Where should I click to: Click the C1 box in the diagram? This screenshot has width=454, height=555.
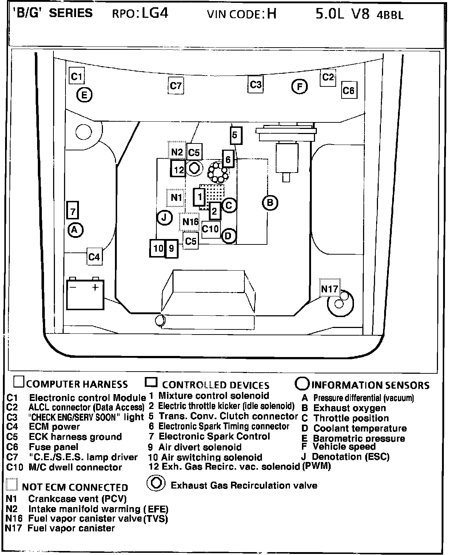pos(77,76)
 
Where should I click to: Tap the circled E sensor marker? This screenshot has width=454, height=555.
pos(84,95)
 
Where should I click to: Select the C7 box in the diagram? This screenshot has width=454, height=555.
pos(176,86)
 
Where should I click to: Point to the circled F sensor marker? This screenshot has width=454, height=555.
pos(299,87)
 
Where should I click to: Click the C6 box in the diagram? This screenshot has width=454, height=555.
pos(348,90)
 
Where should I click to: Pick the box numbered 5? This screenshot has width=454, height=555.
pos(235,135)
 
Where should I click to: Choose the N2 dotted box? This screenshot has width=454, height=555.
pos(177,152)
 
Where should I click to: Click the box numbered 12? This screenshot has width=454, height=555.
pos(179,169)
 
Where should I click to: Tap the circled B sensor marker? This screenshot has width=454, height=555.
pos(270,203)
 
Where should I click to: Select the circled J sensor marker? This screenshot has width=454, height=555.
pos(164,218)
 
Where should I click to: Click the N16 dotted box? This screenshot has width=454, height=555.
pos(190,222)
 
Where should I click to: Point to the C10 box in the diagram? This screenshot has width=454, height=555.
pos(210,229)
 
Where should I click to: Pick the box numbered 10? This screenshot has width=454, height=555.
pos(158,248)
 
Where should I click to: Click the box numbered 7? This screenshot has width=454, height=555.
pos(73,211)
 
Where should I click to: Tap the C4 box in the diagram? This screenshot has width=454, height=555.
pos(94,257)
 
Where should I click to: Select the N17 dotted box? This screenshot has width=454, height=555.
pos(330,289)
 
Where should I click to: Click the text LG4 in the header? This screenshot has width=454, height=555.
pos(155,13)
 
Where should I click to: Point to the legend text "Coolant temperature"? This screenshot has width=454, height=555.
pos(360,428)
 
